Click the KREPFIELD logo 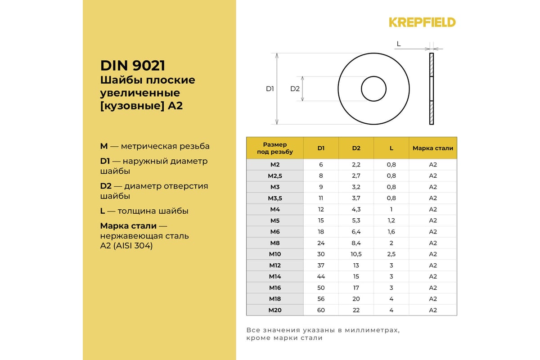click(x=422, y=22)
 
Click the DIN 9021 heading click(x=133, y=66)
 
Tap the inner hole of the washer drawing click(x=373, y=89)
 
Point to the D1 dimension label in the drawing click(x=270, y=89)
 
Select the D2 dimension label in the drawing click(x=295, y=89)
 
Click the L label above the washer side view click(x=399, y=44)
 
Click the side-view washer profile click(x=432, y=89)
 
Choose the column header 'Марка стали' click(x=433, y=148)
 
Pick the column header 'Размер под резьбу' click(x=274, y=148)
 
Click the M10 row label click(x=274, y=254)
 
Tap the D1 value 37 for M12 click(x=321, y=265)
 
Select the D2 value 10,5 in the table click(x=356, y=254)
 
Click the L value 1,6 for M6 click(x=391, y=232)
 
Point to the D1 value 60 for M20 click(x=321, y=310)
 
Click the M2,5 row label click(x=274, y=176)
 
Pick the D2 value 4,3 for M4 click(x=356, y=209)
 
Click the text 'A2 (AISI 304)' click(x=126, y=246)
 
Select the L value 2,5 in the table click(x=391, y=254)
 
